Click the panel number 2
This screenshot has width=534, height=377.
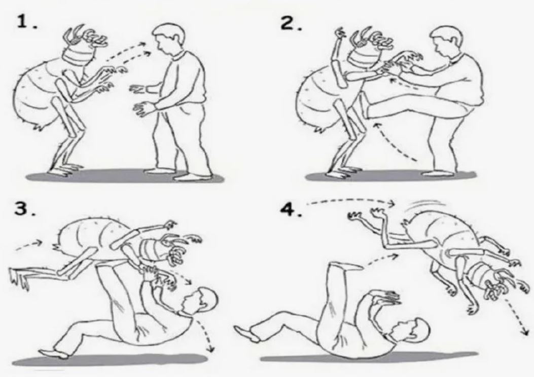291,23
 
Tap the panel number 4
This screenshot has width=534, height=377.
291,209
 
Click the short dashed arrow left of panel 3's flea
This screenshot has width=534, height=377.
29,245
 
